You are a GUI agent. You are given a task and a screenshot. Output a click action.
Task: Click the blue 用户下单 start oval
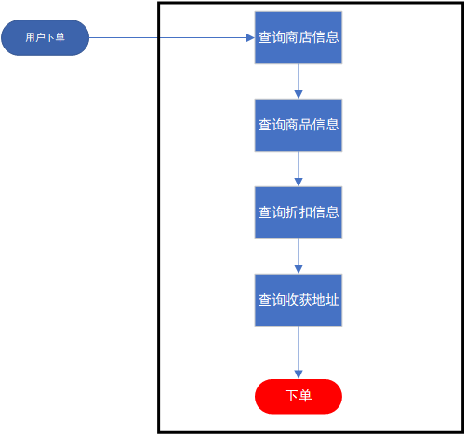click(x=45, y=37)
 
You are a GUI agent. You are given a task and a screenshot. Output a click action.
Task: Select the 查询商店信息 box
click(x=299, y=37)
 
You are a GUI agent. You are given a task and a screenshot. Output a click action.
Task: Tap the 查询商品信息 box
click(x=299, y=125)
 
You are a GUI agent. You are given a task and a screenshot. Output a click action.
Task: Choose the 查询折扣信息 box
click(x=299, y=212)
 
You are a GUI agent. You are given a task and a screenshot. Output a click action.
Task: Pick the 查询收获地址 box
click(x=299, y=300)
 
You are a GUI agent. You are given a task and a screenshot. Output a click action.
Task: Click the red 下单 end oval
click(x=299, y=396)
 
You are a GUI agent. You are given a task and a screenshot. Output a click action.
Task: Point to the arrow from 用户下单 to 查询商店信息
click(x=167, y=37)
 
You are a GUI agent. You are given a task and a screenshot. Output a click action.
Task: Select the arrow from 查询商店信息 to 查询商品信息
click(x=299, y=80)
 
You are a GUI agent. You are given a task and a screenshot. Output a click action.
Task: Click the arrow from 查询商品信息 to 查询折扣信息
click(x=299, y=168)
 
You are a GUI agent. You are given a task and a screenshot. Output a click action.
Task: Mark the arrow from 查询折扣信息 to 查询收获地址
click(x=299, y=255)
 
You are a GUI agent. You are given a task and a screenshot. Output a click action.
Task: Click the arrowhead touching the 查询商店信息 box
click(x=249, y=37)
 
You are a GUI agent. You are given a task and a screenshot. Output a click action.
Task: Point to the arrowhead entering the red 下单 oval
click(x=299, y=374)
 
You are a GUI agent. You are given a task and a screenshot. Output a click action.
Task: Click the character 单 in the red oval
click(x=306, y=396)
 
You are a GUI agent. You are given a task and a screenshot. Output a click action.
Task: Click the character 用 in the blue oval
click(x=30, y=37)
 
